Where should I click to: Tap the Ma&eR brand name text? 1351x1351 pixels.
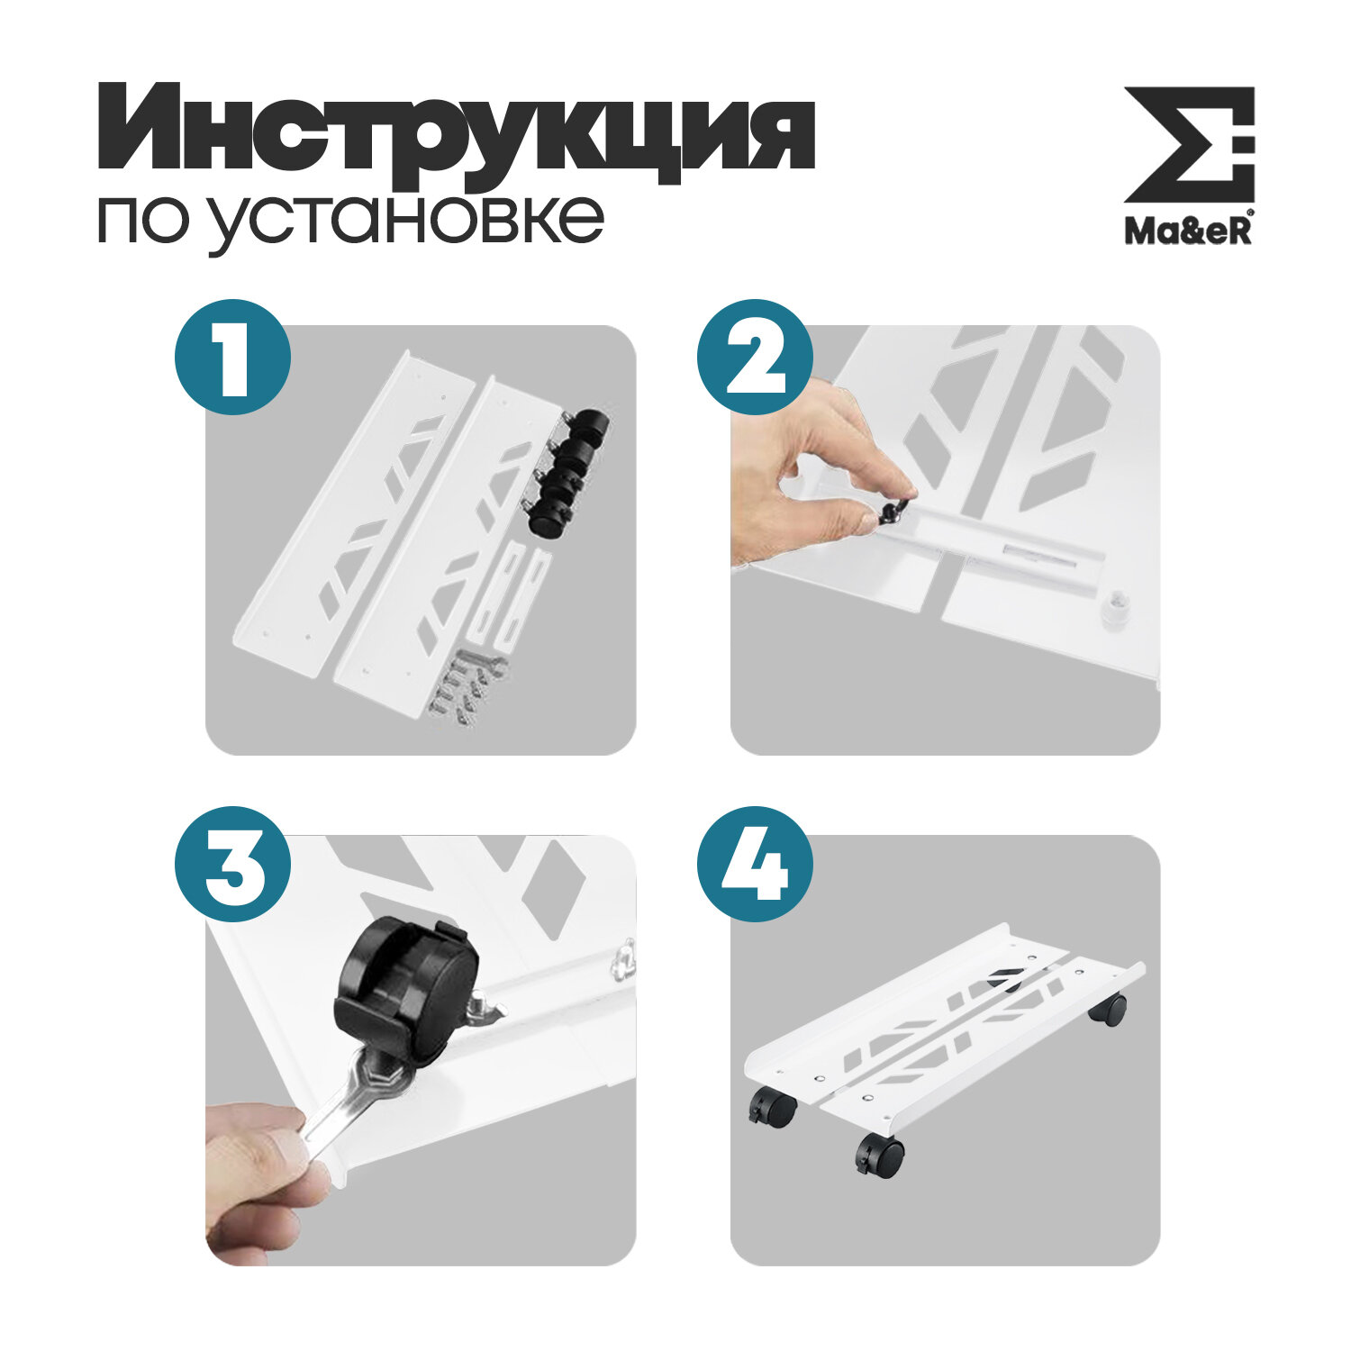(1188, 230)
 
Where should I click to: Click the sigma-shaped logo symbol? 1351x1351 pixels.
(1189, 144)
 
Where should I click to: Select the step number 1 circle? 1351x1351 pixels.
(232, 358)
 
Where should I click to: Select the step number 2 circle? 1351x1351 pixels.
(755, 358)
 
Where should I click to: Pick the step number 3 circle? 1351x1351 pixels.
(232, 864)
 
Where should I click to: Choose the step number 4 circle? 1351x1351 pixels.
(755, 864)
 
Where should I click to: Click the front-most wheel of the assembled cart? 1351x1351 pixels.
(880, 1156)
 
